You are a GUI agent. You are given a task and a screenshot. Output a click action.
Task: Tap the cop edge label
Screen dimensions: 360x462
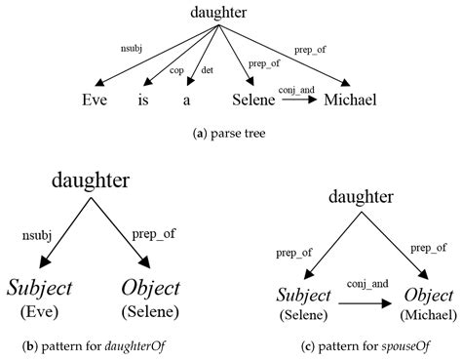pyautogui.click(x=176, y=70)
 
